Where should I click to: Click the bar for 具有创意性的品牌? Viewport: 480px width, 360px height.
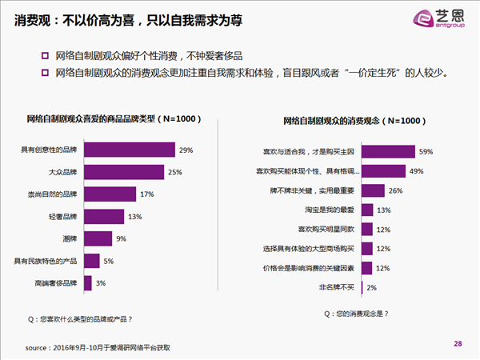[130, 150]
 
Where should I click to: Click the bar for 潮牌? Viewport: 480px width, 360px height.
[98, 238]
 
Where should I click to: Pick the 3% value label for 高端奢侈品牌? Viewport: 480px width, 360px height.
[101, 283]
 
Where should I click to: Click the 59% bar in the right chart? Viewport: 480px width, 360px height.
[388, 150]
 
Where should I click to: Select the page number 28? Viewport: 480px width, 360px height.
[458, 343]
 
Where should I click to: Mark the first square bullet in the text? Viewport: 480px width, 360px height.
[45, 56]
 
